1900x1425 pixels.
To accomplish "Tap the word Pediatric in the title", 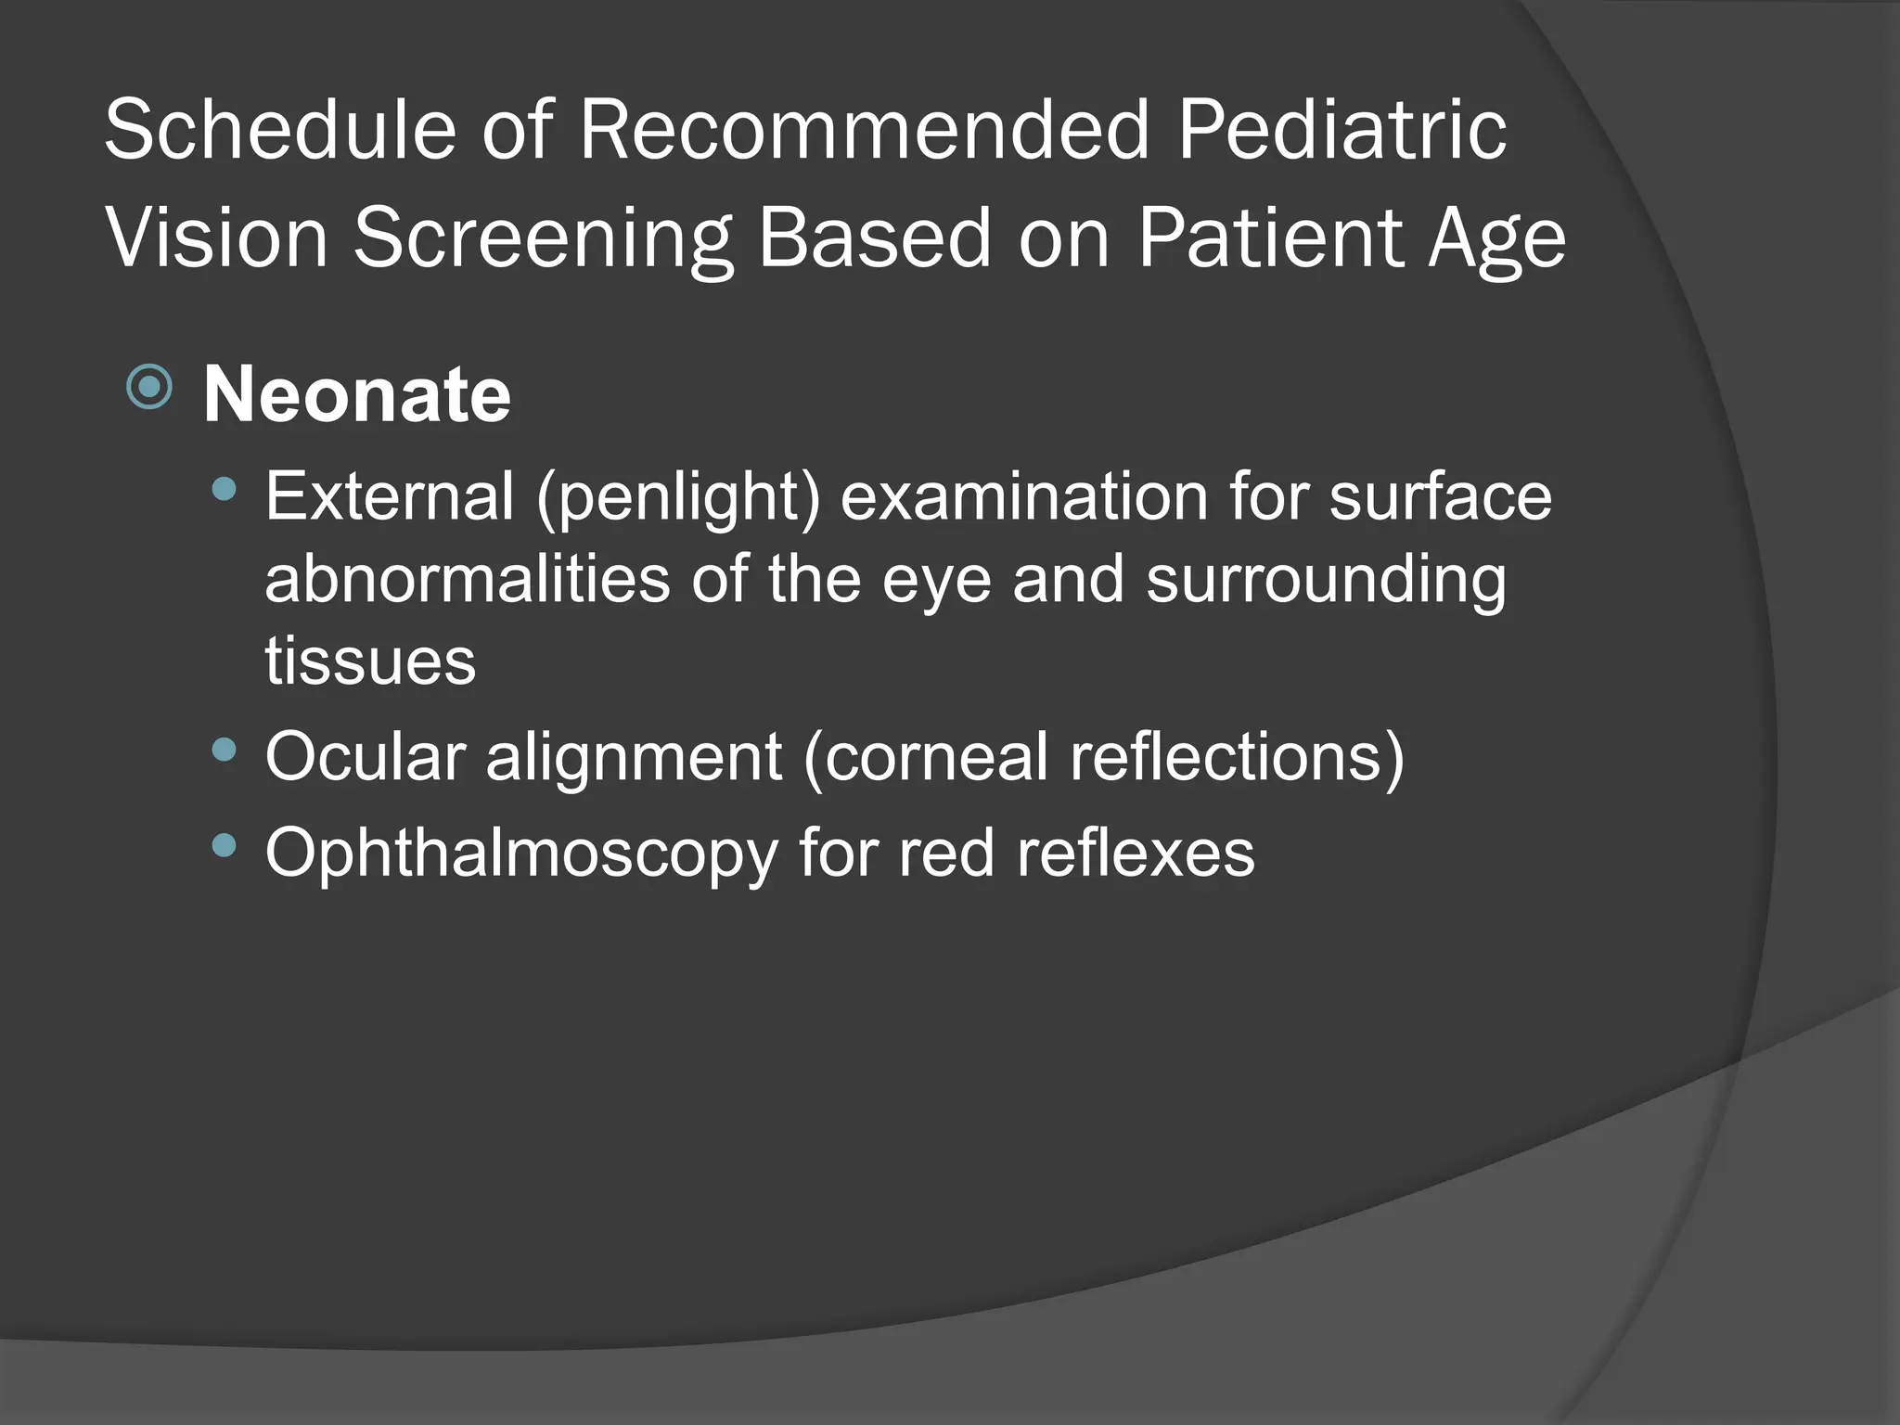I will coord(1342,130).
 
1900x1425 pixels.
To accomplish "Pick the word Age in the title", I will coord(1497,239).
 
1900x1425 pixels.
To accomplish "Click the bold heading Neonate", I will coord(357,394).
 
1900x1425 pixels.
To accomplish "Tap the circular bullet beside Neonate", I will coord(149,387).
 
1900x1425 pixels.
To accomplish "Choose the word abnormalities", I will coord(468,579).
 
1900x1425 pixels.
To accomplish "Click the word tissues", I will coord(370,661).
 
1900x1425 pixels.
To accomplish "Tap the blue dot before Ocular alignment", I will coord(224,749).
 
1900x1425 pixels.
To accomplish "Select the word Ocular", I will coord(365,756).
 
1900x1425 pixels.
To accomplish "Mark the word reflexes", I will coord(1135,852).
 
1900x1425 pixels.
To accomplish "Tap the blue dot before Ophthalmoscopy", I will coord(224,844).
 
